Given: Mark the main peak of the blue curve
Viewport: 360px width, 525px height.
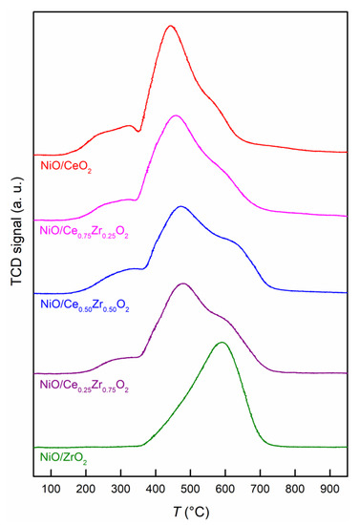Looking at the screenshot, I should [180, 206].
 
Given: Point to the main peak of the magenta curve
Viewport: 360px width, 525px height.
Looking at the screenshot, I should [175, 115].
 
